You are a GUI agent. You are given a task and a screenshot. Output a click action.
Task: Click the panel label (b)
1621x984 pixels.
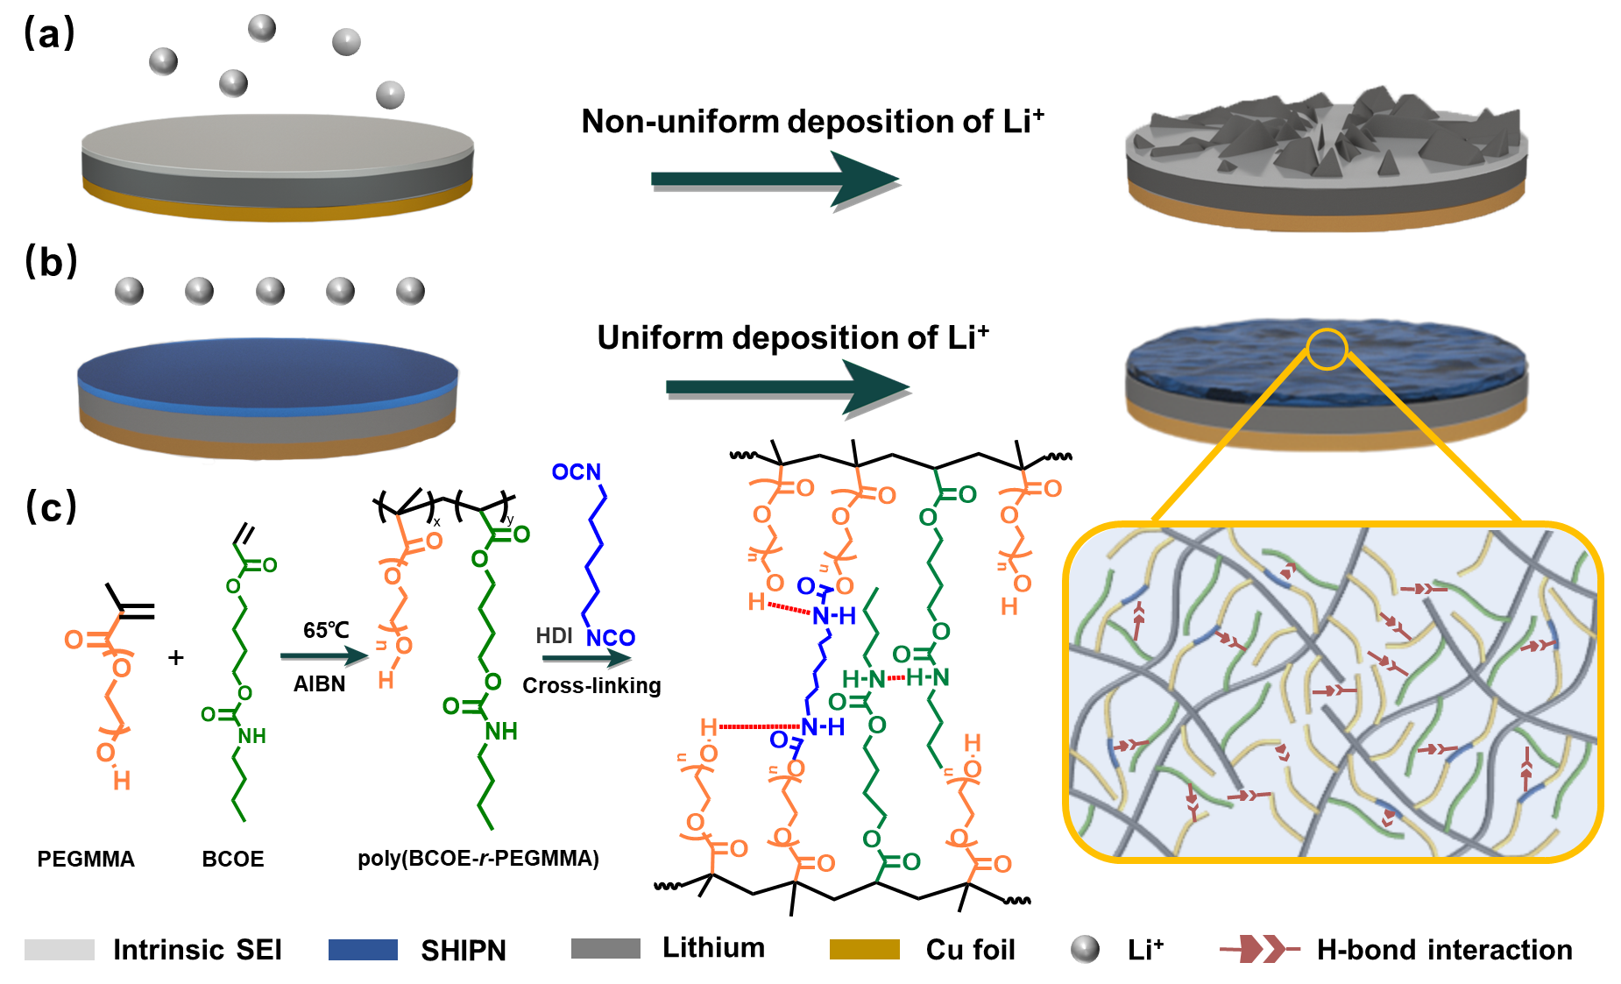[x=51, y=261]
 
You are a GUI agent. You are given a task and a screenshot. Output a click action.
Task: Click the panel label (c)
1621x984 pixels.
[x=51, y=506]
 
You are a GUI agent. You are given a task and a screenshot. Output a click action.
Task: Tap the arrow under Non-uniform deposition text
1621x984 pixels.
[x=775, y=180]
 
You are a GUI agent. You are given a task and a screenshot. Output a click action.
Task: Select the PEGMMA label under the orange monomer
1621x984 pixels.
[x=86, y=859]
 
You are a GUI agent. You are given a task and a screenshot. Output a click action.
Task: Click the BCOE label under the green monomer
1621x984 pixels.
[x=232, y=859]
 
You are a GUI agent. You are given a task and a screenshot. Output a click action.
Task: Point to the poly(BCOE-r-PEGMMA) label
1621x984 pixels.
[x=478, y=858]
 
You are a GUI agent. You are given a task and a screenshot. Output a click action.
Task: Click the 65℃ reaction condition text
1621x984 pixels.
[x=326, y=630]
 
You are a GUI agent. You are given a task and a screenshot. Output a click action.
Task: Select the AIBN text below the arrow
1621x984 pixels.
[x=319, y=683]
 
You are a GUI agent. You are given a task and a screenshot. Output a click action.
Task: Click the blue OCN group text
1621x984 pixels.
[x=576, y=472]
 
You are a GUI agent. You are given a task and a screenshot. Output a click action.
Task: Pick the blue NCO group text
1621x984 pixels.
[x=610, y=638]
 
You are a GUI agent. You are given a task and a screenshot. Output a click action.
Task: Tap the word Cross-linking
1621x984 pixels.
[x=591, y=685]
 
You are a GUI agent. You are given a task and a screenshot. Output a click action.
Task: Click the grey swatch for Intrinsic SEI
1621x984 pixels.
[x=60, y=950]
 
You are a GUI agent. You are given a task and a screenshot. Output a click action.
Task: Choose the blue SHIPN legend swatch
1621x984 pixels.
[x=363, y=950]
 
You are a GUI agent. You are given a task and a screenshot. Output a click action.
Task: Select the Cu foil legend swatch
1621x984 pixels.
[x=864, y=950]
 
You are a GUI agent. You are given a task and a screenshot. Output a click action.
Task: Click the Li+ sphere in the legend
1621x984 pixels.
[x=1085, y=949]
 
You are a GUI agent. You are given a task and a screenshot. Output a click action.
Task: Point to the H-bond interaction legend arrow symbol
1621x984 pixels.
[x=1259, y=949]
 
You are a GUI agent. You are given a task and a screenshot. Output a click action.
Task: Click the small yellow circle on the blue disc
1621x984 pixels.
[x=1327, y=349]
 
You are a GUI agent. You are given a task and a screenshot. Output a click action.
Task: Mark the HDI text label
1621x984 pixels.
[x=554, y=636]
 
